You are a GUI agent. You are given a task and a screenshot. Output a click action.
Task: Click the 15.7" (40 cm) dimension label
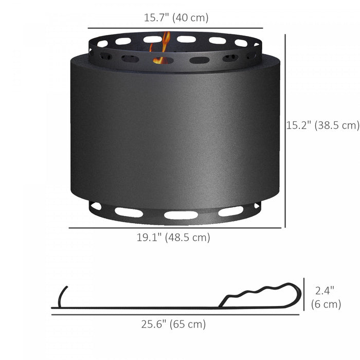pos(176,17)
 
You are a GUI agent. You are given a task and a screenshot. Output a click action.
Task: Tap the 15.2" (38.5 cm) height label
pos(322,125)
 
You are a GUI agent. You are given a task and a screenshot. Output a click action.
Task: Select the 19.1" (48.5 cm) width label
pos(173,238)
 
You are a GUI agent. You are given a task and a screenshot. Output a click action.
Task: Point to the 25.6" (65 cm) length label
pos(173,324)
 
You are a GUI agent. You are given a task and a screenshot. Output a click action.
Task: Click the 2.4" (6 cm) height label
pos(326,297)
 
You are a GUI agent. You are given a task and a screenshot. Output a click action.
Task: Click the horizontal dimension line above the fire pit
pos(175,28)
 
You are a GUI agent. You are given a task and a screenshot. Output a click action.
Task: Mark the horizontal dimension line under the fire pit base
pos(175,227)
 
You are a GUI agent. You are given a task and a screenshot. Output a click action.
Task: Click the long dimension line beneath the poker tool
pos(175,315)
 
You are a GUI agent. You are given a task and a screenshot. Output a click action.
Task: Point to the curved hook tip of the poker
pos(62,295)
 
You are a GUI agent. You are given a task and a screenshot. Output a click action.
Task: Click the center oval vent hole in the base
pos(181,215)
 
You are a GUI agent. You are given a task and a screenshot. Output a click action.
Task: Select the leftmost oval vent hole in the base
pos(96,206)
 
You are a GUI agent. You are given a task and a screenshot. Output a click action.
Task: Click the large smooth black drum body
pos(175,134)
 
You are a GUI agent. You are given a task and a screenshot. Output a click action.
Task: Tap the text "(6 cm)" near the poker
pos(326,304)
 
